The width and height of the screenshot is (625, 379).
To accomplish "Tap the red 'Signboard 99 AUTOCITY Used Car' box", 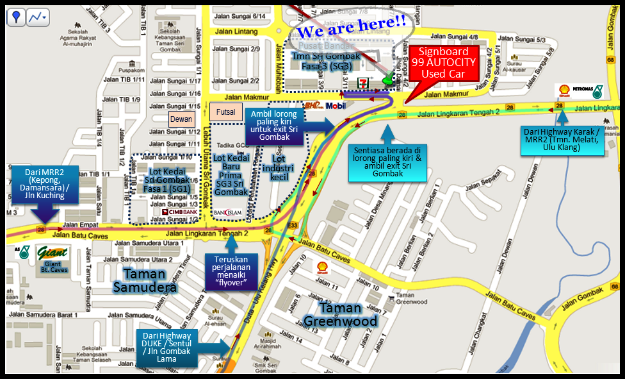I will coord(448,63).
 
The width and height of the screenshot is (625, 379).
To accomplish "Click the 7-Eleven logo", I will coord(362,84).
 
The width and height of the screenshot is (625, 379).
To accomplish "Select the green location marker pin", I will coord(388,78).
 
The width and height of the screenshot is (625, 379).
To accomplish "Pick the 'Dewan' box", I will coord(181,119).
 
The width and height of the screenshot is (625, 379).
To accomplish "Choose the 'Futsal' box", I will coord(226,111).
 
